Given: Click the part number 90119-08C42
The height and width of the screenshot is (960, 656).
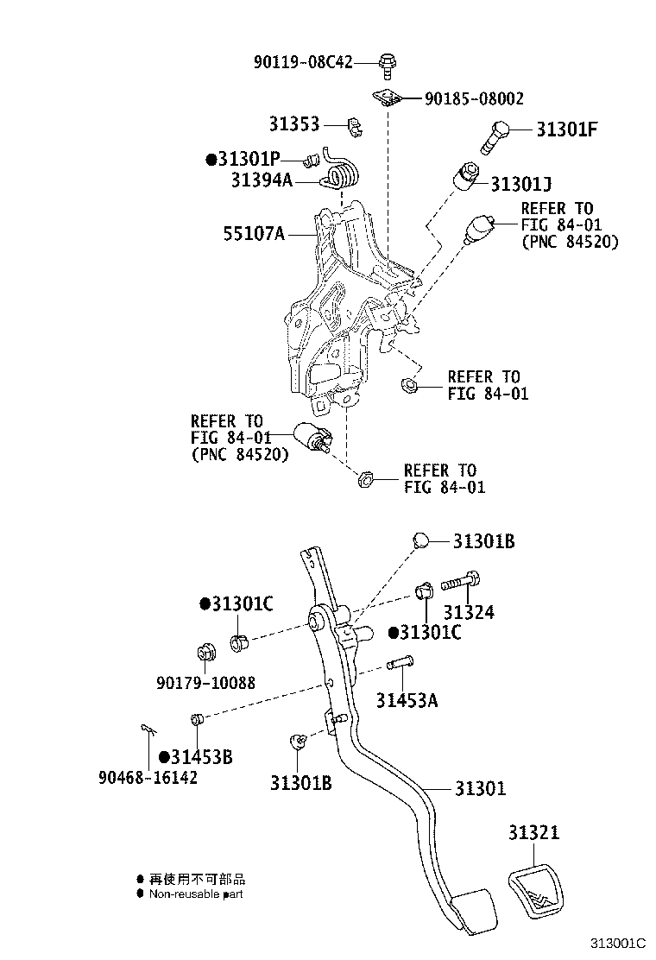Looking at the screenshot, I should tap(303, 62).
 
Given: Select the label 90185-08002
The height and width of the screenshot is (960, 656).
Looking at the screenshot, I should tap(474, 99).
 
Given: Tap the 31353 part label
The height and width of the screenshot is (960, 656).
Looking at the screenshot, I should tap(293, 124).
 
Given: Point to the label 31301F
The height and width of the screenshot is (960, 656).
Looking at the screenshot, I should tap(567, 130).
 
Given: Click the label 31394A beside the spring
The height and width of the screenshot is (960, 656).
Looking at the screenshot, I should tap(262, 180).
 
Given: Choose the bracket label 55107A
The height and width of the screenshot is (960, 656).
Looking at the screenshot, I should tap(254, 233).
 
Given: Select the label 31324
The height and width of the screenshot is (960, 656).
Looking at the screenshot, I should tap(470, 613).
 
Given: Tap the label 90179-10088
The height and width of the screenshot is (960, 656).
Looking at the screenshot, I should tap(206, 682).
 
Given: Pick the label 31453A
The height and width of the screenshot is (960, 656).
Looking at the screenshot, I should tap(407, 700).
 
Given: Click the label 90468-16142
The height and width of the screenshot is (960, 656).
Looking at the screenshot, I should tap(148, 778).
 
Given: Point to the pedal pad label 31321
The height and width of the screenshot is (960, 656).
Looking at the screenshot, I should tap(533, 833).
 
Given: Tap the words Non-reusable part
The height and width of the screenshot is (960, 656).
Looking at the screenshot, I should tap(196, 894).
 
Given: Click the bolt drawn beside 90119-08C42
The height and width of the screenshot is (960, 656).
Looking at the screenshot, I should tap(388, 63).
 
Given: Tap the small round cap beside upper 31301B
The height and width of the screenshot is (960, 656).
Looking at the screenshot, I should tap(421, 540).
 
